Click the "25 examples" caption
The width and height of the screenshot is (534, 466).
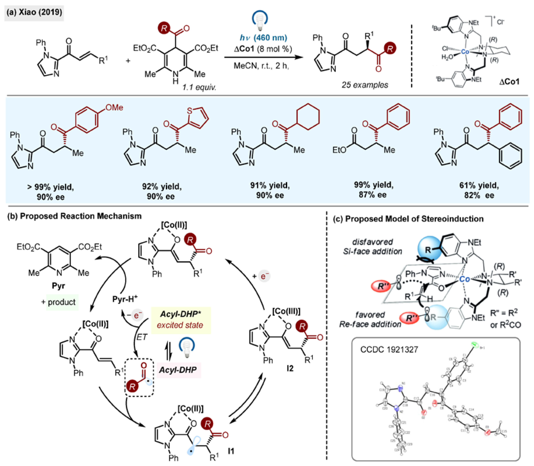[364, 85]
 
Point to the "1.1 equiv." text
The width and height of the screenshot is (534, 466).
[199, 87]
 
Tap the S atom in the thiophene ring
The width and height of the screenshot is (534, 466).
[190, 111]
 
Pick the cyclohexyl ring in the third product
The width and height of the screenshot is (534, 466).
[308, 116]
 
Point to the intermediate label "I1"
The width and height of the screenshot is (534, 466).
[231, 451]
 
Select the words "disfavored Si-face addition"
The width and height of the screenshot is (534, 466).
[372, 247]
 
